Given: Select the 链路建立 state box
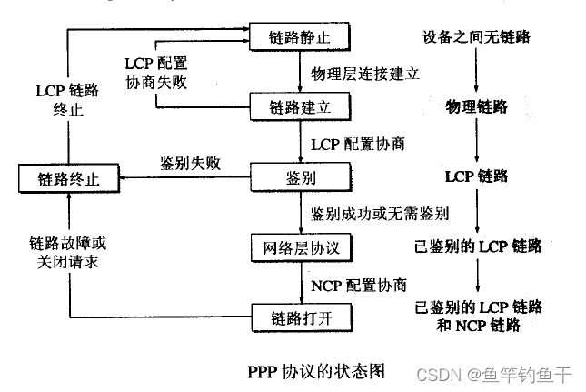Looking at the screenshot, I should pyautogui.click(x=299, y=106).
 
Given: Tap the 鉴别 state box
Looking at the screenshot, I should pyautogui.click(x=299, y=175).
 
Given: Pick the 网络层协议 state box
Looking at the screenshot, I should pyautogui.click(x=299, y=246).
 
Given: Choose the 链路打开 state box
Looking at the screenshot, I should pyautogui.click(x=299, y=317).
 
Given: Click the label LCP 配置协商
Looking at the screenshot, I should pyautogui.click(x=357, y=144).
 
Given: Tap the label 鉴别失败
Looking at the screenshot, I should pyautogui.click(x=190, y=163).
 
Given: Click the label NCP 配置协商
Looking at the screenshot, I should pyautogui.click(x=358, y=284).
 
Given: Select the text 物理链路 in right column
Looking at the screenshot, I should pyautogui.click(x=477, y=107).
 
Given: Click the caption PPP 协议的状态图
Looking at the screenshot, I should pyautogui.click(x=316, y=371).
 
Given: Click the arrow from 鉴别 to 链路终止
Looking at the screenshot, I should pyautogui.click(x=182, y=177).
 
